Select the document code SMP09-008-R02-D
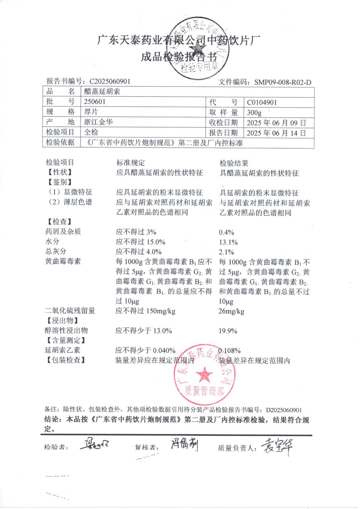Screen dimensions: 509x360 pyautogui.click(x=283, y=82)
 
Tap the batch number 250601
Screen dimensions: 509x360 pyautogui.click(x=95, y=102)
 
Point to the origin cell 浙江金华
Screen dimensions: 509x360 pyautogui.click(x=98, y=122)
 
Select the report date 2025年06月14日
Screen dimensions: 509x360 pyautogui.click(x=276, y=133)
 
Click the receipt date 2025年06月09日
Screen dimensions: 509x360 pyautogui.click(x=276, y=122)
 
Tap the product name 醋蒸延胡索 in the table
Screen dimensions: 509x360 pyautogui.click(x=102, y=92)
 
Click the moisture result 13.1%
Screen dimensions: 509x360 pyautogui.click(x=228, y=242)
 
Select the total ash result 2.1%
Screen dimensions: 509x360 pyautogui.click(x=226, y=252)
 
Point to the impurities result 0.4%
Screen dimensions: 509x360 pyautogui.click(x=226, y=232)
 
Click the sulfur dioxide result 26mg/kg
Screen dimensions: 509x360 pyautogui.click(x=231, y=311)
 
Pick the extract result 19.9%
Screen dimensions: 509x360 pyautogui.click(x=228, y=331)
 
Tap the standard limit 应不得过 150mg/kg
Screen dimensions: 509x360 pyautogui.click(x=146, y=311)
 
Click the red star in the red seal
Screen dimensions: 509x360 pyautogui.click(x=204, y=374)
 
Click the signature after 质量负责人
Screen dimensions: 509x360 pyautogui.click(x=276, y=446)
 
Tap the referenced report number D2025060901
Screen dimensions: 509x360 pyautogui.click(x=284, y=410)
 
